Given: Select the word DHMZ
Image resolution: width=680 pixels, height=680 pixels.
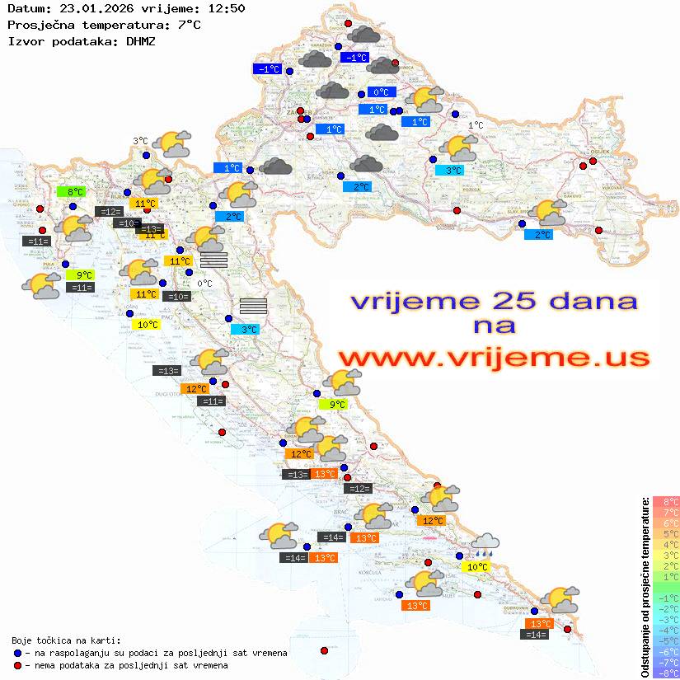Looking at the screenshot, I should (x=141, y=40).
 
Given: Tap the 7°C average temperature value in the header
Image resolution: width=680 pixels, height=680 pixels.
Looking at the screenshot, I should (x=188, y=25).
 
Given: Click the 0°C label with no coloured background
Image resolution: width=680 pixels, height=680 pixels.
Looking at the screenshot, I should (x=204, y=284).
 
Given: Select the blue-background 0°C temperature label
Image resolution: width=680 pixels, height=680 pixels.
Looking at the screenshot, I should (x=382, y=92).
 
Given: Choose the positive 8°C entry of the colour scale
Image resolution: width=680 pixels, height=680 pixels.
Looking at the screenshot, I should (x=666, y=502).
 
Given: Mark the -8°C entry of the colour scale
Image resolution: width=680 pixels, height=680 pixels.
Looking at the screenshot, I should (x=666, y=673).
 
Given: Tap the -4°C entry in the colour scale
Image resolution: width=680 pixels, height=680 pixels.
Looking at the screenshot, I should (x=666, y=631).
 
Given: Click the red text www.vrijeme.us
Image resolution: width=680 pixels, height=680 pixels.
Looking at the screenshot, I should (x=493, y=358).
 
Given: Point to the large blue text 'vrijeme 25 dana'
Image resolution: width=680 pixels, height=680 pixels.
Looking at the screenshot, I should (x=493, y=301).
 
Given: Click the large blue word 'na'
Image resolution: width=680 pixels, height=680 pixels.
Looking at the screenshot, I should (x=494, y=326).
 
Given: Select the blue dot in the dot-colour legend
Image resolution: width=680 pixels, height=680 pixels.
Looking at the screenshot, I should (x=17, y=653).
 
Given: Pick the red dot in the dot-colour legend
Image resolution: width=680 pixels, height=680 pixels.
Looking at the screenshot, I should (x=17, y=665).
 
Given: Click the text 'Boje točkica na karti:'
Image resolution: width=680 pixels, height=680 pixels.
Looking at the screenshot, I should (x=66, y=640).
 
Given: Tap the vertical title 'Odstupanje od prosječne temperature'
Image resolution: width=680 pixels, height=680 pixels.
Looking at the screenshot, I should (x=645, y=585).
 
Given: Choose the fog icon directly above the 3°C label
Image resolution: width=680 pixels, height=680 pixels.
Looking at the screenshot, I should (x=253, y=306).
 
